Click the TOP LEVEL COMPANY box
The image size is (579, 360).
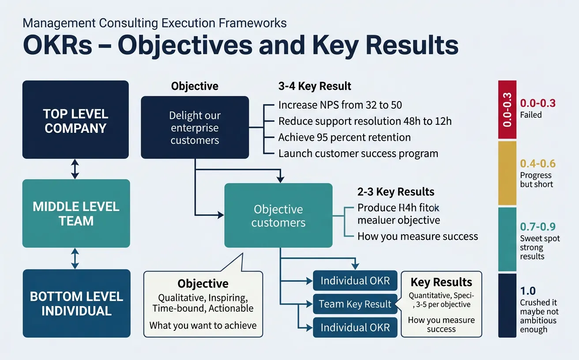75,120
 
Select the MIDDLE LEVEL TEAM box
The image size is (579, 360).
76,214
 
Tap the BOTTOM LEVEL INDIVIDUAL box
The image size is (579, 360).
76,304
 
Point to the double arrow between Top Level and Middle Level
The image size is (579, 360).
75,169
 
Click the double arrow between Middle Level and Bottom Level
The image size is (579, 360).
75,259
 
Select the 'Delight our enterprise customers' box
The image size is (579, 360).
195,128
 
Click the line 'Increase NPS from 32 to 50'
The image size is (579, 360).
340,105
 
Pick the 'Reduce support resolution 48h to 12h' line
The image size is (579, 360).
365,121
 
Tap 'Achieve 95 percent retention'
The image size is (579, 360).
344,137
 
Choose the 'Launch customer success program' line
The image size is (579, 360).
358,154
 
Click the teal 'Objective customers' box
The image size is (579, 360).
278,216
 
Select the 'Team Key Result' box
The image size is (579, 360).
355,304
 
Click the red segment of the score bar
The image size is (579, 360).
507,110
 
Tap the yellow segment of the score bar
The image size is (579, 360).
507,173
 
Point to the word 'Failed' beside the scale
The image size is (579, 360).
531,115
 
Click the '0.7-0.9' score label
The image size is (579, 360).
537,227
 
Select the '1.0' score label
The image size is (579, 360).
528,291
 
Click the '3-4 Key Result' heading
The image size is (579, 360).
315,86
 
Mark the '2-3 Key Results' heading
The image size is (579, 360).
396,192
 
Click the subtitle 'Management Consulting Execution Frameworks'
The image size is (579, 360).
154,23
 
